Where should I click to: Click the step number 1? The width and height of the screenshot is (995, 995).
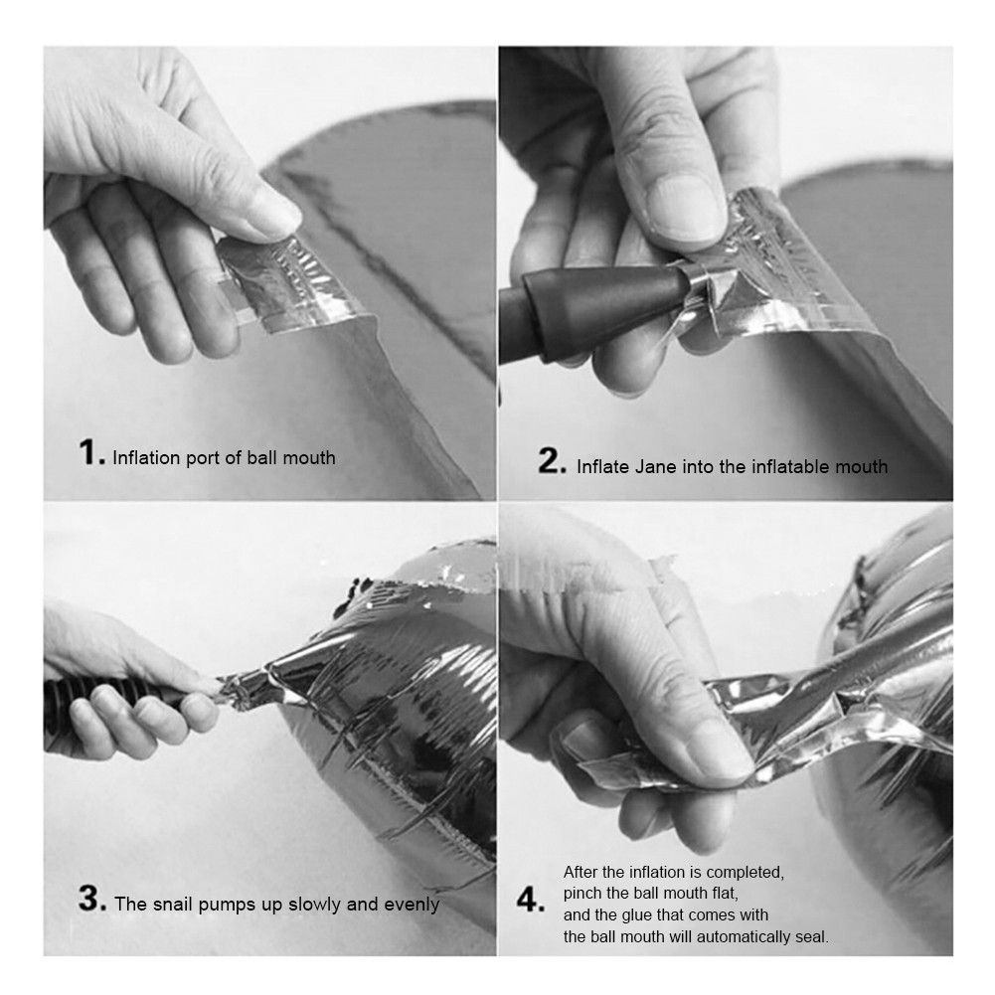91,453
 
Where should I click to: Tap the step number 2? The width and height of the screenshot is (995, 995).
552,461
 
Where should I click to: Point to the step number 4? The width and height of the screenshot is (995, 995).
531,902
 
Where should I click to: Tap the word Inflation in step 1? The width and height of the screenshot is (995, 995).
146,457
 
